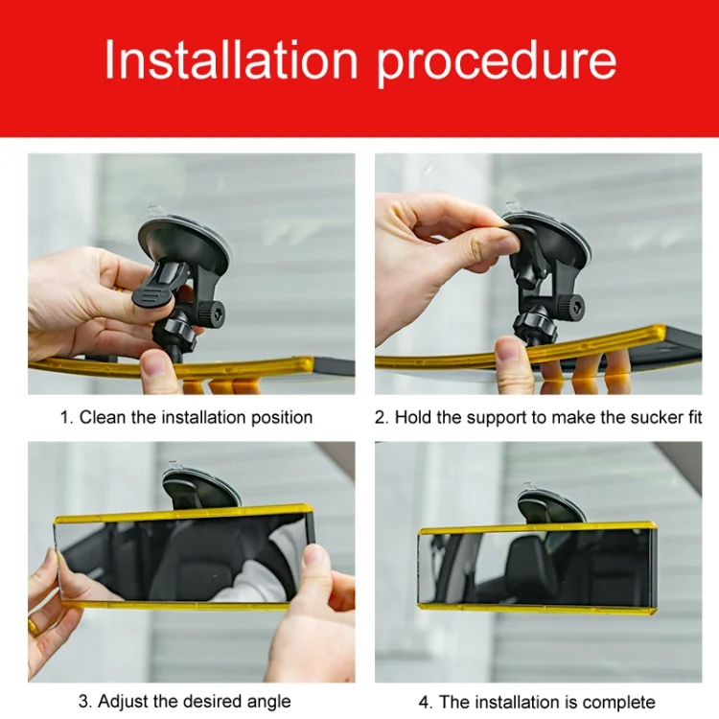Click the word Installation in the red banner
(x=231, y=59)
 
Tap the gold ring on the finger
(x=33, y=625)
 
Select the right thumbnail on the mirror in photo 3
(x=316, y=562)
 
